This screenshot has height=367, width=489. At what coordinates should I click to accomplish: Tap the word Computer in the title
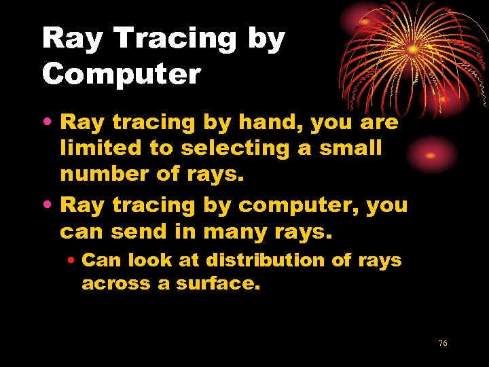[x=122, y=74]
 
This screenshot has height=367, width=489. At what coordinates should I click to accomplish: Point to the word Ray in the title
[x=73, y=40]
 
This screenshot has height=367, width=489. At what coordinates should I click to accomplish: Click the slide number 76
[x=443, y=343]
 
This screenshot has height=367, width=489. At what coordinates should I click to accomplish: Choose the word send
[x=141, y=232]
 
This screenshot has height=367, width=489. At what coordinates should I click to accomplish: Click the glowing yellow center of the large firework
[x=412, y=49]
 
